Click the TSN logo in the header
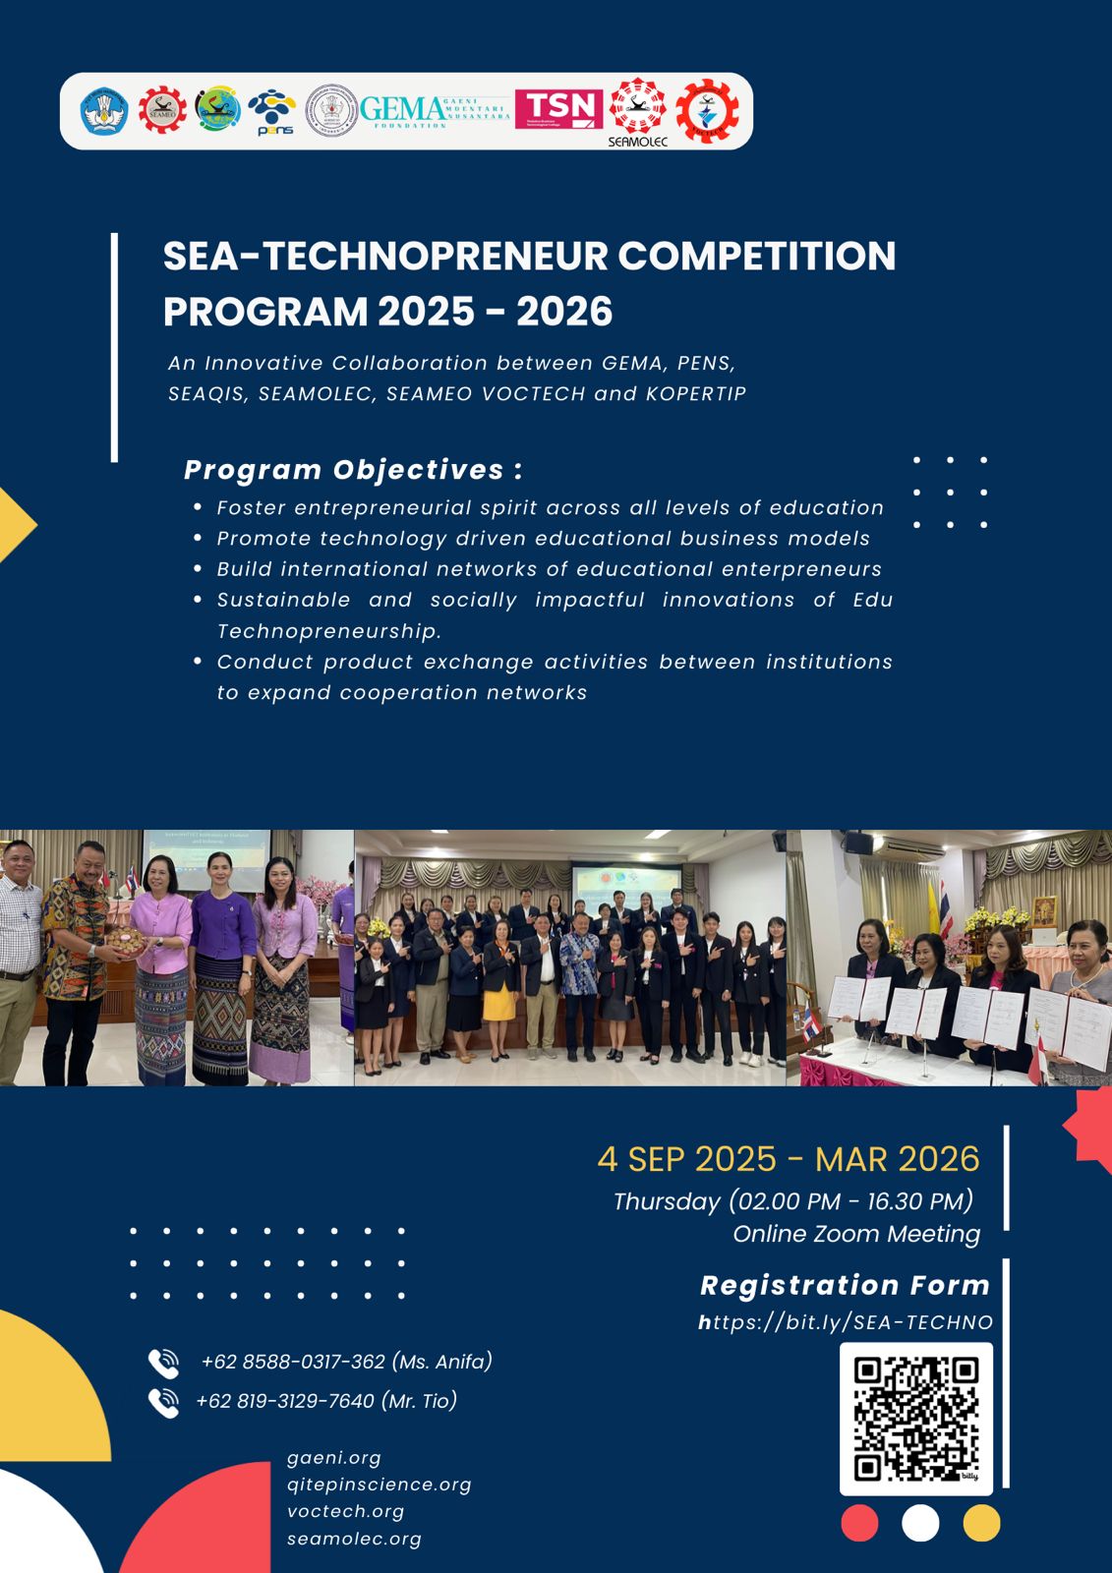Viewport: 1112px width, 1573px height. [558, 108]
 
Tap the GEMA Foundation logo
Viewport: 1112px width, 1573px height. [434, 110]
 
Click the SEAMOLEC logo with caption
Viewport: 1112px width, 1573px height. [638, 111]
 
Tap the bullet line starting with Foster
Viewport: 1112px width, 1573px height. [550, 508]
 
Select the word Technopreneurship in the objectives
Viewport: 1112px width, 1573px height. [329, 631]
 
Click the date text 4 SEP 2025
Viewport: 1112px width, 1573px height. [686, 1159]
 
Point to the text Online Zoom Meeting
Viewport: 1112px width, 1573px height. [856, 1234]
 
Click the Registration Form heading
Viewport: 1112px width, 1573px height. [845, 1285]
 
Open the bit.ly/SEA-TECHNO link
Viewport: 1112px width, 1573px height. [846, 1323]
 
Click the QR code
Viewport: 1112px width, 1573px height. [915, 1418]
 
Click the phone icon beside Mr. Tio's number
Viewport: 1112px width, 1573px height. [163, 1402]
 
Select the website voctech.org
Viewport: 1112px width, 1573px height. [345, 1511]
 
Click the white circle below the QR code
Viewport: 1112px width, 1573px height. [920, 1524]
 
